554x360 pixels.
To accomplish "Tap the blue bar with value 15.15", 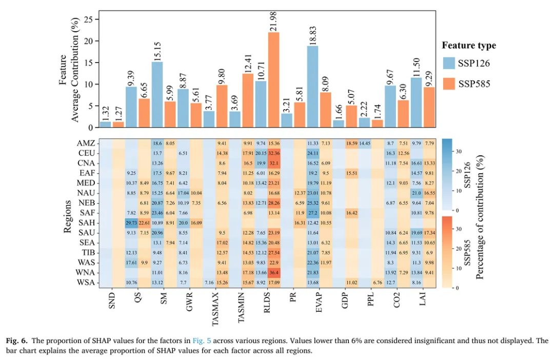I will (157, 94).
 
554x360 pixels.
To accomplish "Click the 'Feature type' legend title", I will (469, 45).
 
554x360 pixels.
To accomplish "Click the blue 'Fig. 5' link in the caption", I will (202, 341).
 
